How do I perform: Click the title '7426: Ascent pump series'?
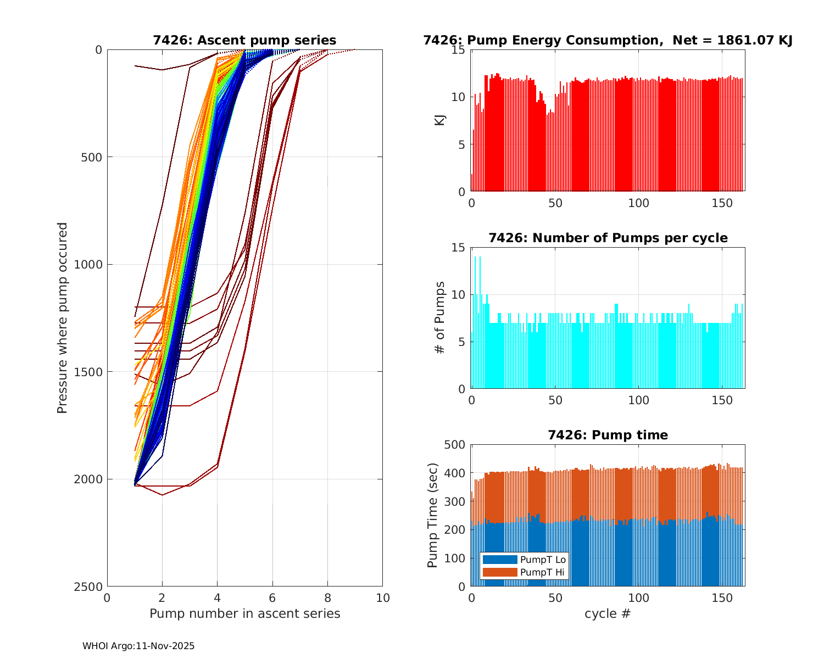244,40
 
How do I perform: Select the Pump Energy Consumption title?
608,40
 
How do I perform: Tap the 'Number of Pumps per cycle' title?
608,238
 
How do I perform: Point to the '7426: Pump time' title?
608,435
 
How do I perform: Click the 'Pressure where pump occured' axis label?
63,317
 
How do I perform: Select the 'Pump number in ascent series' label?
244,613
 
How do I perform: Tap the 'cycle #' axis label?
608,613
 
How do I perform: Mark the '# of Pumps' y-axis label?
439,317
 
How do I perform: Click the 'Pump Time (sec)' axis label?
433,515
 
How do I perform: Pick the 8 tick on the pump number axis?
327,597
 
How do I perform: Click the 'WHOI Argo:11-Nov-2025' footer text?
138,646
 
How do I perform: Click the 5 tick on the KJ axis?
462,144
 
